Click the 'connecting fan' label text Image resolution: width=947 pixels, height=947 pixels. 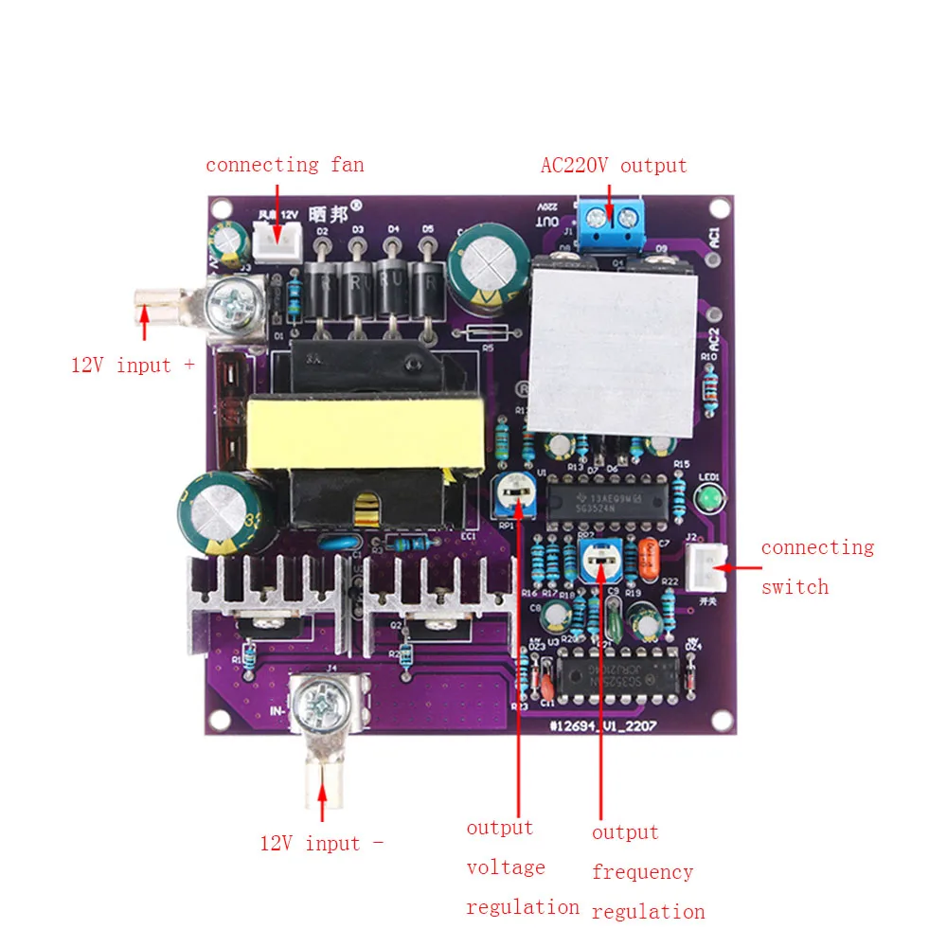(284, 165)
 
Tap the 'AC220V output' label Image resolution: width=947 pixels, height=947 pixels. (613, 166)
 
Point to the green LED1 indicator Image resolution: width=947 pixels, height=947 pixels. (706, 498)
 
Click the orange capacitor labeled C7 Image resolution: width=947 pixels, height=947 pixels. (650, 559)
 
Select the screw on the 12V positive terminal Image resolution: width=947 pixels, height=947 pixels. (233, 302)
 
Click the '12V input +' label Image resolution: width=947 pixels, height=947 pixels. (133, 365)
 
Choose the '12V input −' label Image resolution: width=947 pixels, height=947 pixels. (322, 843)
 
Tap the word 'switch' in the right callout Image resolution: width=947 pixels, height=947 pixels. (795, 587)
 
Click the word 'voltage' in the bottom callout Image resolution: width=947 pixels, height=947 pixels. (506, 867)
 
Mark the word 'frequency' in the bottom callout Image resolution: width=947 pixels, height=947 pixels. (642, 872)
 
